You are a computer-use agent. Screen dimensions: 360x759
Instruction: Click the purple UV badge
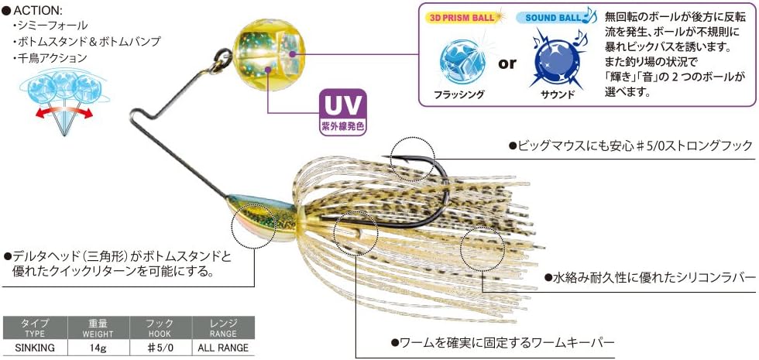342,111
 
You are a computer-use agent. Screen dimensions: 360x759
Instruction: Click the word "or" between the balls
507,63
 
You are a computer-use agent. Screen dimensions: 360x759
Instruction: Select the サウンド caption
555,94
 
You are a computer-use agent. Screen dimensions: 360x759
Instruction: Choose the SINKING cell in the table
35,348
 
